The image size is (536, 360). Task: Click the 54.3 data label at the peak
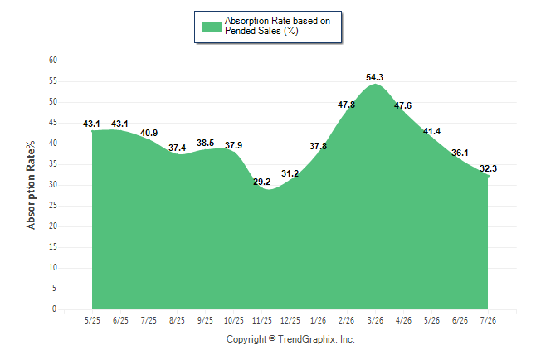[375, 77]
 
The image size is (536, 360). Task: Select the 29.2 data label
[262, 182]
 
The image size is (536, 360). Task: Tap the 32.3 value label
[488, 168]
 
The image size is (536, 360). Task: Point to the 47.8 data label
[346, 105]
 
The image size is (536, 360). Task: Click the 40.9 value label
[149, 133]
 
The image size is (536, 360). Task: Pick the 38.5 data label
[206, 143]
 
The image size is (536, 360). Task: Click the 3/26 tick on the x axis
[375, 320]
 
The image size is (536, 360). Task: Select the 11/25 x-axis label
[262, 320]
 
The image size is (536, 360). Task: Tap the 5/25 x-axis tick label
[92, 320]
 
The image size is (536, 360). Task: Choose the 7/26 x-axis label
[488, 320]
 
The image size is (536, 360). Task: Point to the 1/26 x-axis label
[319, 320]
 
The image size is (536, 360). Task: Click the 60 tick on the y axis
[53, 61]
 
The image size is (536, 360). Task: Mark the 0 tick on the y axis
[54, 309]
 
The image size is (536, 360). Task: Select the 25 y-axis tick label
[53, 206]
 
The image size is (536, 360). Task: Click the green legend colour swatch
[212, 27]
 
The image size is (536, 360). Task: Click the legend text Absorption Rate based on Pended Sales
[277, 26]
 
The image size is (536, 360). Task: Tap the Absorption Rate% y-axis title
[31, 185]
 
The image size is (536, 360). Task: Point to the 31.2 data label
[290, 173]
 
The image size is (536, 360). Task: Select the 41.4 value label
[431, 131]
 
